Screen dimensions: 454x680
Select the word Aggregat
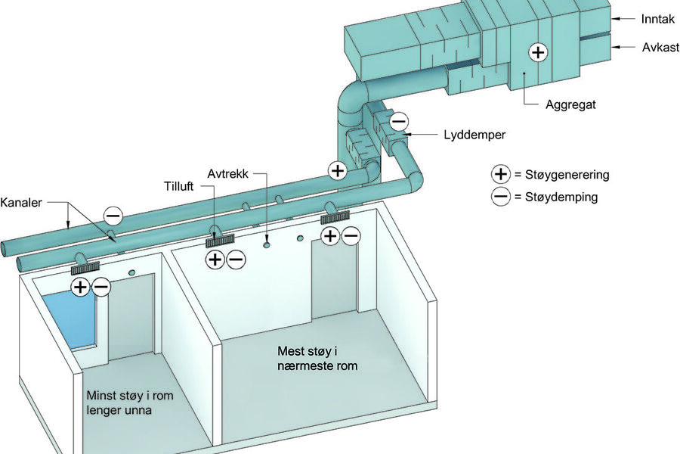pyautogui.click(x=570, y=105)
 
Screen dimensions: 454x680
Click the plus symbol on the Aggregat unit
pyautogui.click(x=537, y=53)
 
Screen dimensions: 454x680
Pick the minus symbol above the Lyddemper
pyautogui.click(x=399, y=121)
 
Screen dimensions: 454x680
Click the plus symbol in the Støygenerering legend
pyautogui.click(x=500, y=174)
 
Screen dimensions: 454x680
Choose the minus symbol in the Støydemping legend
pyautogui.click(x=500, y=196)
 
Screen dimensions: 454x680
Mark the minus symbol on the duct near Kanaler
pyautogui.click(x=113, y=216)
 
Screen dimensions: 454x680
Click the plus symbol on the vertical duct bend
pyautogui.click(x=338, y=170)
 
